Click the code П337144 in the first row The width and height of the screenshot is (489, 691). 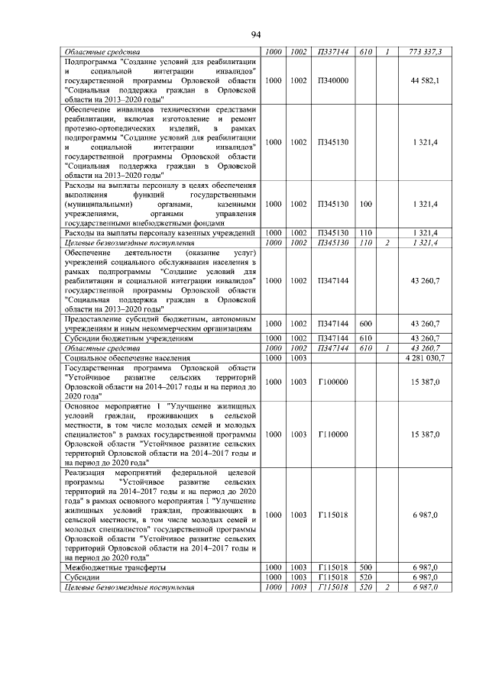pyautogui.click(x=332, y=52)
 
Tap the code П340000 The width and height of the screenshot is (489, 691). pyautogui.click(x=332, y=80)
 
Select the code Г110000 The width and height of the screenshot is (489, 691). pyautogui.click(x=332, y=434)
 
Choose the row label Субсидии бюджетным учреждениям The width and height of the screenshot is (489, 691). pyautogui.click(x=118, y=337)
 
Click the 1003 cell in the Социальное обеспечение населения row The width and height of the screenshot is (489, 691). pyautogui.click(x=298, y=357)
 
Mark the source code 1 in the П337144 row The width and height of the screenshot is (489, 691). pyautogui.click(x=387, y=52)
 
